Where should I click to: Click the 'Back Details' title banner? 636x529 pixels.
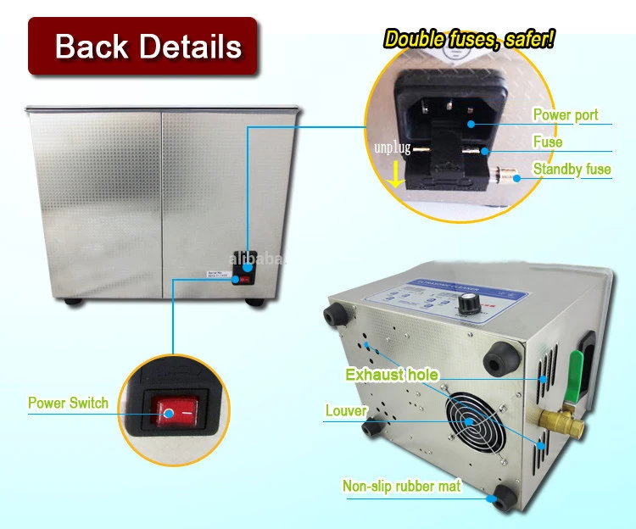click(142, 46)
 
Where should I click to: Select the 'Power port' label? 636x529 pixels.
click(565, 115)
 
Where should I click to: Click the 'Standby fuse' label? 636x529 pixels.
click(572, 170)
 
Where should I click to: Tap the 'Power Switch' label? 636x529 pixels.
click(68, 403)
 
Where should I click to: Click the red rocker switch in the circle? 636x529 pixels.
click(176, 413)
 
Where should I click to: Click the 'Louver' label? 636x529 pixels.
click(345, 412)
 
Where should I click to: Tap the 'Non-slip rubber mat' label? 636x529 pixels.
click(401, 486)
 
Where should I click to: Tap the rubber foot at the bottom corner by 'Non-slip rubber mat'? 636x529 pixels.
click(500, 499)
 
